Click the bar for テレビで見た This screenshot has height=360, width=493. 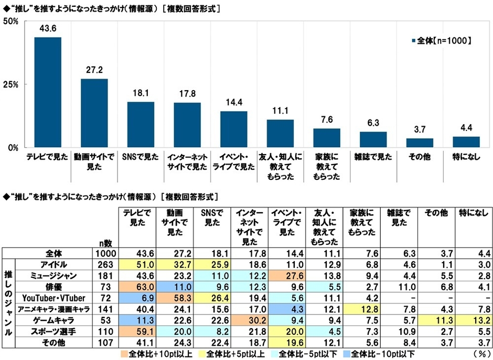point(48,92)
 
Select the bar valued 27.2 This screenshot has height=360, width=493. point(94,113)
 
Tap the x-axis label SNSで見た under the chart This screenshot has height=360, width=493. point(141,157)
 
